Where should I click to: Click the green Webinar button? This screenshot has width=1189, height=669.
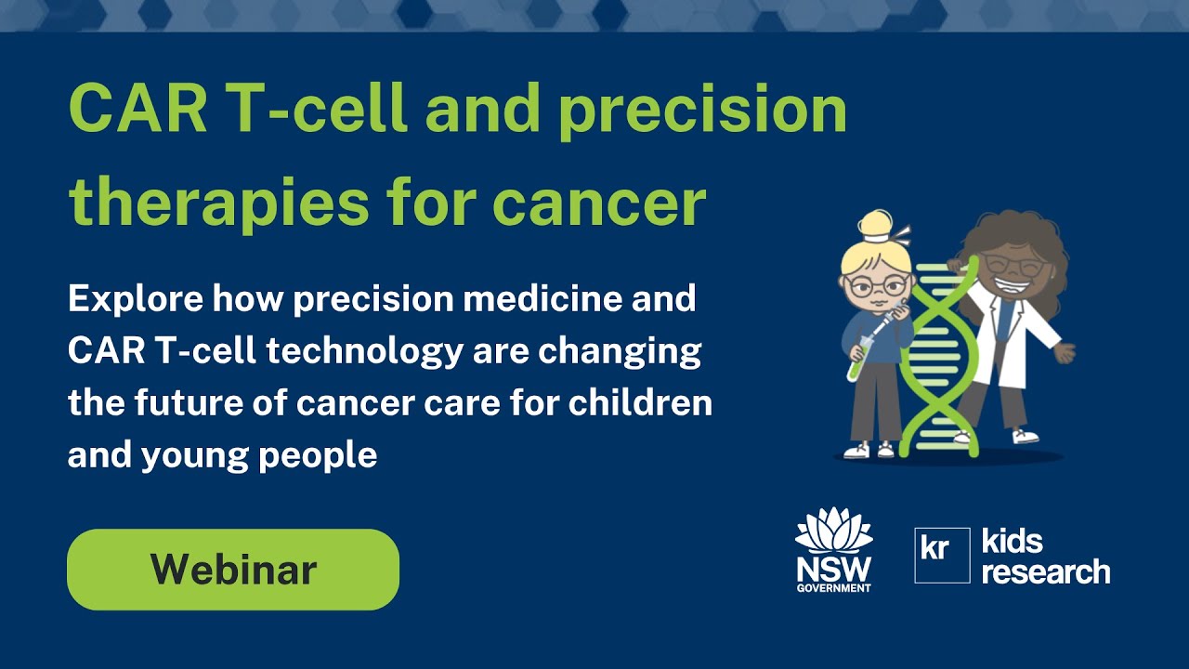[232, 570]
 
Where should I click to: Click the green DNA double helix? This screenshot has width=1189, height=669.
[938, 362]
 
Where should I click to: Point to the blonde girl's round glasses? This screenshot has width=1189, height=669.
[875, 286]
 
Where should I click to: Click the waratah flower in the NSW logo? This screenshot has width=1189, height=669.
[834, 531]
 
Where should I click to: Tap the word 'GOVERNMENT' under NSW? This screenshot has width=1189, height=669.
[834, 587]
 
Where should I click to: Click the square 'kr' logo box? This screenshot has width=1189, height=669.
[942, 555]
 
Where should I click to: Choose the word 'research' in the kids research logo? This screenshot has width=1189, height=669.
[1045, 571]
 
